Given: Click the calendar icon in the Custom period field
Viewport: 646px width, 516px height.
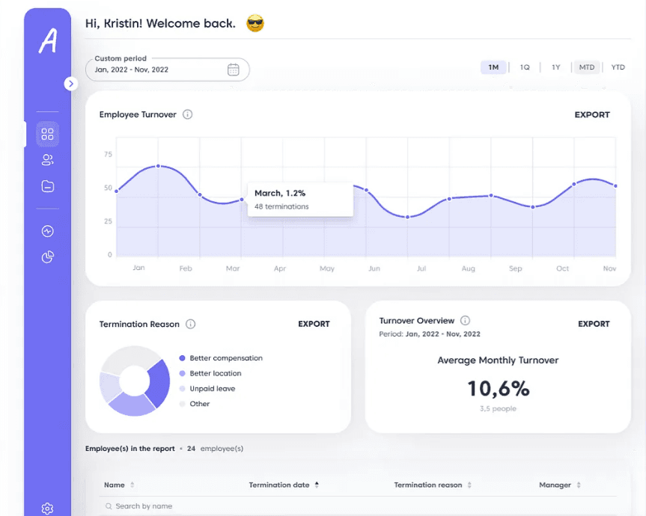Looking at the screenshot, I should click(x=234, y=70).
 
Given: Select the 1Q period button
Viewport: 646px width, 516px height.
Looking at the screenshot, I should click(x=525, y=67).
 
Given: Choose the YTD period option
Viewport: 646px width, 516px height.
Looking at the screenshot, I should click(x=618, y=67).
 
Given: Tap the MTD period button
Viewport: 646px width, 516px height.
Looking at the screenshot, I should click(x=587, y=67).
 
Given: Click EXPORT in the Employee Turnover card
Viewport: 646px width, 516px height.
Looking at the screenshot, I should click(x=592, y=115).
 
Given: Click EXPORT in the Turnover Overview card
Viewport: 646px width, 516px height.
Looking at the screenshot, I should click(x=594, y=324).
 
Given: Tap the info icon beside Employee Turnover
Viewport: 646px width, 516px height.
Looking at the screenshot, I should click(x=188, y=115).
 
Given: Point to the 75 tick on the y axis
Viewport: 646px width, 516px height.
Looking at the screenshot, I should click(x=109, y=155).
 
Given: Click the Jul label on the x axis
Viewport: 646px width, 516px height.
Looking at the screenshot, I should click(x=421, y=268).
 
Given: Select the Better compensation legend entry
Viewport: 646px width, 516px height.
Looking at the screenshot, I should click(x=225, y=358).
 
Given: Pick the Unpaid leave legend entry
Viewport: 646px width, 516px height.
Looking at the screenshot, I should click(x=212, y=389).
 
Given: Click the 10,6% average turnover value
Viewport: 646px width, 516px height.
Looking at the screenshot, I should click(x=498, y=388).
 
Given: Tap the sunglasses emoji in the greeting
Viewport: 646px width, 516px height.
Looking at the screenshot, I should click(x=255, y=24).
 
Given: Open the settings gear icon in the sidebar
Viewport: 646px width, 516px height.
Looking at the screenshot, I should click(x=47, y=509).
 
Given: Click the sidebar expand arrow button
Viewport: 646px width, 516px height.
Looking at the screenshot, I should click(x=71, y=84).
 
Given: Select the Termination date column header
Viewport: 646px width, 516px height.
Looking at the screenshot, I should click(x=279, y=485).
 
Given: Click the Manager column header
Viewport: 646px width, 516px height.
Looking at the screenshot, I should click(x=555, y=485).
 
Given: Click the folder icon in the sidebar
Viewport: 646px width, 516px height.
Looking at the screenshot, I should click(x=48, y=186).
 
